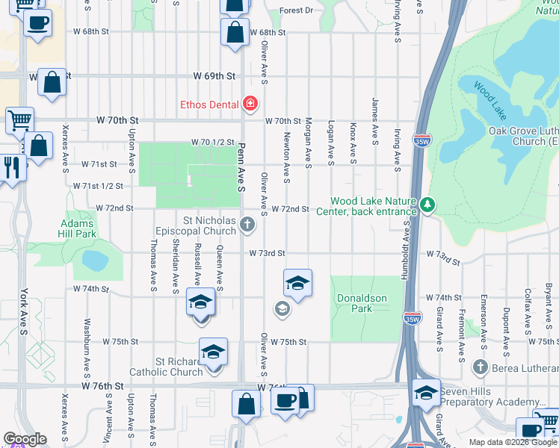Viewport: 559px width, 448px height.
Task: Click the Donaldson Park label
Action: (361, 302)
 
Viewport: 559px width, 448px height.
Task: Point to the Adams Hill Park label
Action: (77, 228)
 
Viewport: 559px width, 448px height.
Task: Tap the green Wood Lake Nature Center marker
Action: (427, 204)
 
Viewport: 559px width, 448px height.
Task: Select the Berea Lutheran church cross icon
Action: (480, 367)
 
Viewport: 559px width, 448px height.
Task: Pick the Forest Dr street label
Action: (297, 11)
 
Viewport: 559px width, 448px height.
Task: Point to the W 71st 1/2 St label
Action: (97, 185)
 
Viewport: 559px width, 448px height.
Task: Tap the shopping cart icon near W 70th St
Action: (19, 119)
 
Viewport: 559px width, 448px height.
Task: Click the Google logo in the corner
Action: (25, 439)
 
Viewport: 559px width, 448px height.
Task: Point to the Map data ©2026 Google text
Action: (512, 442)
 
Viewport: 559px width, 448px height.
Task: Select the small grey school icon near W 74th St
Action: (282, 308)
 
